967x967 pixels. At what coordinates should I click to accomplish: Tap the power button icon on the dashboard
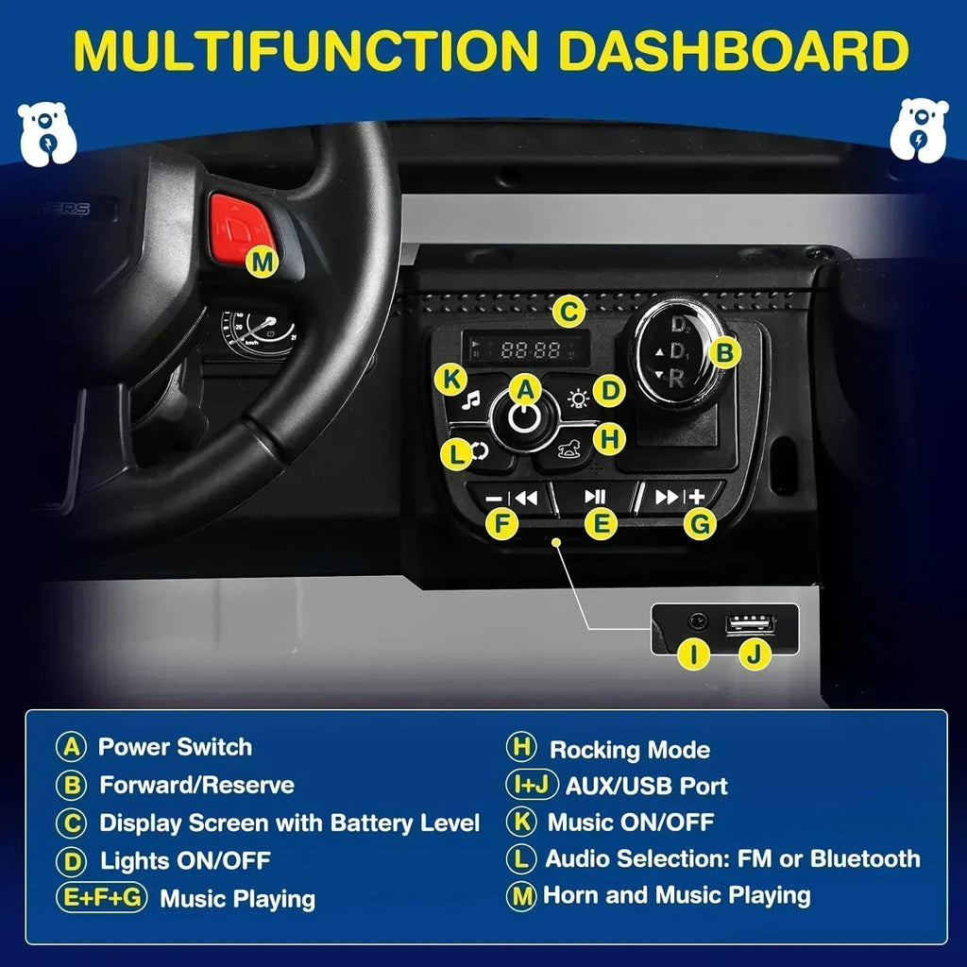click(x=525, y=418)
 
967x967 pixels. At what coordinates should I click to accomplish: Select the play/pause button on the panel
click(x=595, y=497)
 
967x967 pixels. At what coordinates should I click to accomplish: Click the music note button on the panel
click(x=471, y=400)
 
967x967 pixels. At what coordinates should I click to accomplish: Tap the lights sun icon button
click(x=579, y=399)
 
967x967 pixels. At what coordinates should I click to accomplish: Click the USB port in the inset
click(x=750, y=624)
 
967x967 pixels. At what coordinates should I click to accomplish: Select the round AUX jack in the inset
click(x=697, y=620)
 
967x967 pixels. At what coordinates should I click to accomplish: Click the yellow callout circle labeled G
click(x=700, y=524)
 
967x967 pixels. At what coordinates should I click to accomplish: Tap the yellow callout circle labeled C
click(x=568, y=312)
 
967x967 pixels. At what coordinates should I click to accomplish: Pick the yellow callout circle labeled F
click(x=502, y=523)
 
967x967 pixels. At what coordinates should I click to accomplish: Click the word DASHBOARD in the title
click(x=734, y=50)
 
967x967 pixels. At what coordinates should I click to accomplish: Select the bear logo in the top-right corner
click(x=919, y=130)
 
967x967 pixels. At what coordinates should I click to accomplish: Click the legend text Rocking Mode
click(x=630, y=750)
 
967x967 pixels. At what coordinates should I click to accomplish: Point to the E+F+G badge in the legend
click(x=102, y=897)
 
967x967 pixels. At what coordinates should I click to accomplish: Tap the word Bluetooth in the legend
click(x=865, y=858)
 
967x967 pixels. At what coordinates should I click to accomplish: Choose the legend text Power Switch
click(x=175, y=747)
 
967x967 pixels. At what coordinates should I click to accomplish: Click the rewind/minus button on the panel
click(x=511, y=497)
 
